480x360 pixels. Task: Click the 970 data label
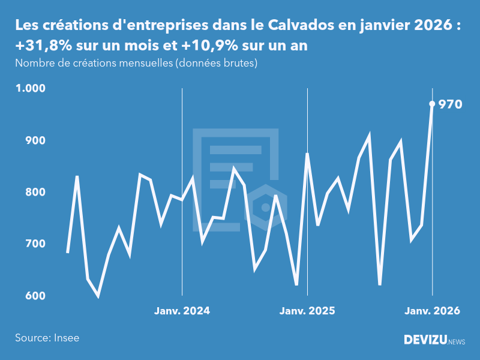[450, 104]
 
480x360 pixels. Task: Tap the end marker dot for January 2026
[432, 104]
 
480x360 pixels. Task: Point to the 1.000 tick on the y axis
[30, 88]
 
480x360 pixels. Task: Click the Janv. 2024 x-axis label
[182, 311]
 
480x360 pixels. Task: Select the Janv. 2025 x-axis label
[307, 311]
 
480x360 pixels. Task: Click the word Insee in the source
[66, 338]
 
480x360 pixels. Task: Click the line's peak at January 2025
[307, 154]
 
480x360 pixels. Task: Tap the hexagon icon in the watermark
[265, 208]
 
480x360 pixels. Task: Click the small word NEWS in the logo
[457, 341]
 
